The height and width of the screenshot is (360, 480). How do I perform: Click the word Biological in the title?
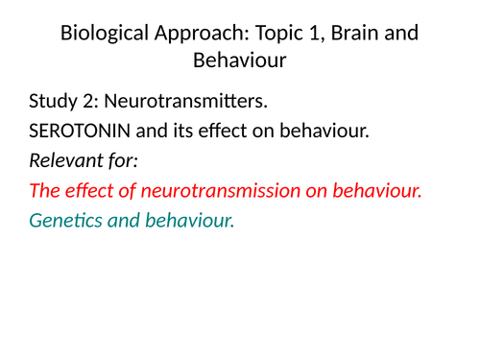coord(100,34)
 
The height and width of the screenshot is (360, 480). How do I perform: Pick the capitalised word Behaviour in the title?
coord(240,61)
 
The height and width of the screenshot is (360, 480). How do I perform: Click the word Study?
coord(53,102)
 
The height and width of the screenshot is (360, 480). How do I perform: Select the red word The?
coord(44,190)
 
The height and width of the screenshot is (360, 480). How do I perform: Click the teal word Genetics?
coord(64,220)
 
